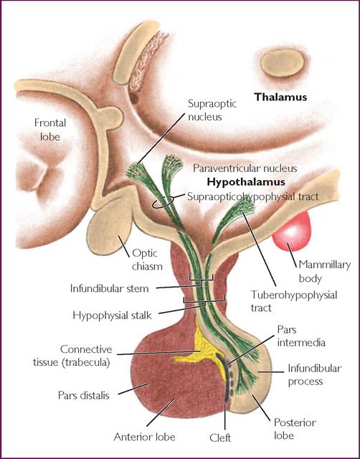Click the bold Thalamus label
point(280,97)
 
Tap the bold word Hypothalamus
point(246,182)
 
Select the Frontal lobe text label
point(49,129)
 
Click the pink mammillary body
point(292,231)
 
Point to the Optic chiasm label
point(147,260)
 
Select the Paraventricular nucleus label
point(245,169)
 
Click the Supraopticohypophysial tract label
point(253,197)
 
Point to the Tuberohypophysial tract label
point(294,301)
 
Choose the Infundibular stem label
point(110,288)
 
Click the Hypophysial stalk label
point(112,316)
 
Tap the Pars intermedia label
point(301,336)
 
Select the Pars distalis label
point(84,395)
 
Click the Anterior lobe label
point(145,437)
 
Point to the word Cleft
point(220,437)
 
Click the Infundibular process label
point(314,374)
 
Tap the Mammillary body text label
point(324,271)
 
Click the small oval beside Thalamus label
point(282,63)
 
